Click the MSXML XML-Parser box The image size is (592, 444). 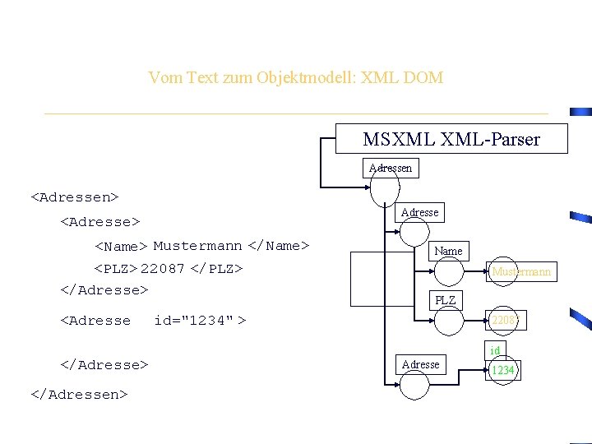[451, 139]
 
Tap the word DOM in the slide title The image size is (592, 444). [424, 78]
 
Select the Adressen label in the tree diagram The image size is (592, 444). [391, 168]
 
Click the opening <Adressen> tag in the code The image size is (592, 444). [75, 197]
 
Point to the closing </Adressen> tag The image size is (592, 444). [79, 395]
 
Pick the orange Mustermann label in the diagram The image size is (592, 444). [521, 271]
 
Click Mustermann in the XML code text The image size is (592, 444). [197, 246]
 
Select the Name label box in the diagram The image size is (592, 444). [448, 251]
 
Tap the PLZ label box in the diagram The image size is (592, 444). [445, 300]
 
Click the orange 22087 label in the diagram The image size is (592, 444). [506, 320]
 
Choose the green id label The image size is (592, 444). [495, 351]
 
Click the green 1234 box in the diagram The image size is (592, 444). [502, 370]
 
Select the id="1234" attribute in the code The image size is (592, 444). [194, 321]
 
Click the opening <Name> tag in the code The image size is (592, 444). [121, 246]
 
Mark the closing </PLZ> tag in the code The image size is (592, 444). [216, 269]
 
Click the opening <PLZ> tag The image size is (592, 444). [116, 269]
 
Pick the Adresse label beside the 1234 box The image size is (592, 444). [420, 364]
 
